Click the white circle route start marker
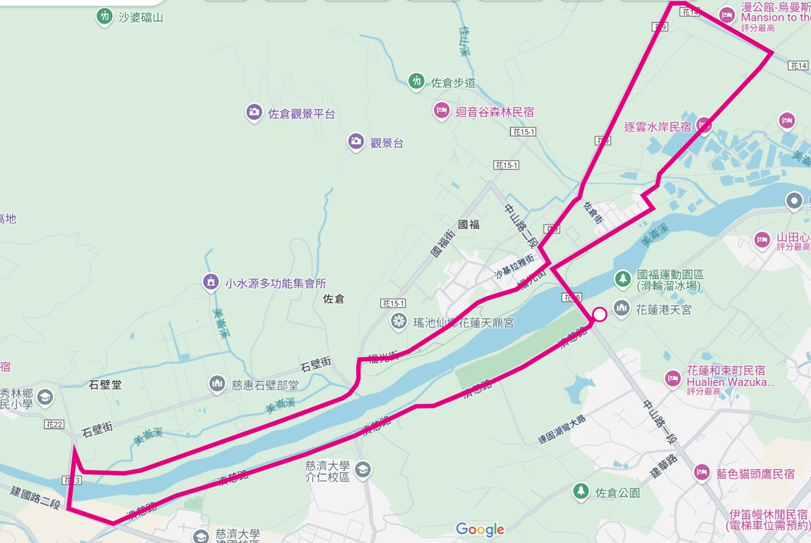coord(600,314)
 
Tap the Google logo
coord(480,530)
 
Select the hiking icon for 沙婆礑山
coord(105,17)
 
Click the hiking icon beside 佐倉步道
coord(417,82)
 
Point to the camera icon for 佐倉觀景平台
coord(254,113)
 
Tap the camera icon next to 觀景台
coord(356,142)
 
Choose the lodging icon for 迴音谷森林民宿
coord(442,111)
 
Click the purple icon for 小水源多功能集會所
coord(211,282)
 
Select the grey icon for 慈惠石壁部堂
coord(218,384)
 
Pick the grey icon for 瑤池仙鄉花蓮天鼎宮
coord(399,322)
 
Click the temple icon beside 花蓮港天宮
coord(621,308)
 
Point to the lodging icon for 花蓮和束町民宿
coord(673,379)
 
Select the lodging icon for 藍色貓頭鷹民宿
coord(702,473)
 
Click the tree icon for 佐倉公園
coord(581,491)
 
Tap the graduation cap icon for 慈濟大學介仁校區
coord(363,470)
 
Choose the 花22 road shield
coord(54,424)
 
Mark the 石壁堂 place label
coord(105,384)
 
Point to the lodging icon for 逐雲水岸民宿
coord(704,126)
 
